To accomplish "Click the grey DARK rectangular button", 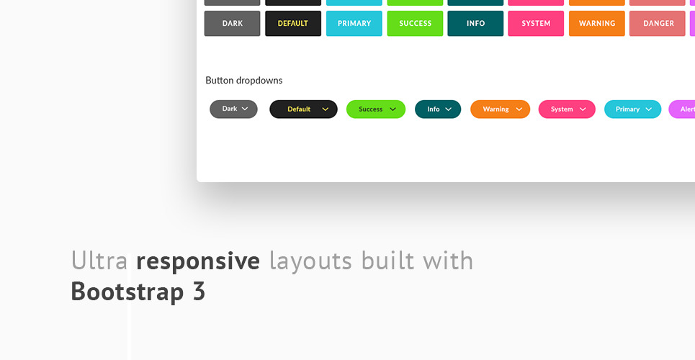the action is (x=232, y=24).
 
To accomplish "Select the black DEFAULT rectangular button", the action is (x=293, y=24).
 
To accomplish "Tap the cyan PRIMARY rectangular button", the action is (x=354, y=24).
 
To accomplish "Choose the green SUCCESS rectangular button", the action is (x=415, y=24).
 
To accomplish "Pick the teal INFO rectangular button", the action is (x=475, y=24).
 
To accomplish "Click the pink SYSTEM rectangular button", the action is (x=536, y=24).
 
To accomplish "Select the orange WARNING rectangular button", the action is (x=596, y=24).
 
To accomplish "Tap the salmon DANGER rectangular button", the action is (x=658, y=24).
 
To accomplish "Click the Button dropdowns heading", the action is (x=243, y=80).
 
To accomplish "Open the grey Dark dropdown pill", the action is (x=233, y=109).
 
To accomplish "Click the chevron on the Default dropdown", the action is (x=326, y=109).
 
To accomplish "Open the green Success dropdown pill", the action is (x=376, y=109).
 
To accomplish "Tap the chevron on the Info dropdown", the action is (x=448, y=109).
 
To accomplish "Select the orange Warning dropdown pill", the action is (x=500, y=109).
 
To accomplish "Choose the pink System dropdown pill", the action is (x=567, y=109).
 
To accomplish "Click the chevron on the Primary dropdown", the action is (x=648, y=109).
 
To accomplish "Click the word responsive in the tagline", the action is (x=198, y=261).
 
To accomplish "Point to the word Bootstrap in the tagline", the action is (x=127, y=292).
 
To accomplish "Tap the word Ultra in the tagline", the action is (x=99, y=260).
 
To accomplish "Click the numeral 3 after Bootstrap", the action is (x=199, y=292).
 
